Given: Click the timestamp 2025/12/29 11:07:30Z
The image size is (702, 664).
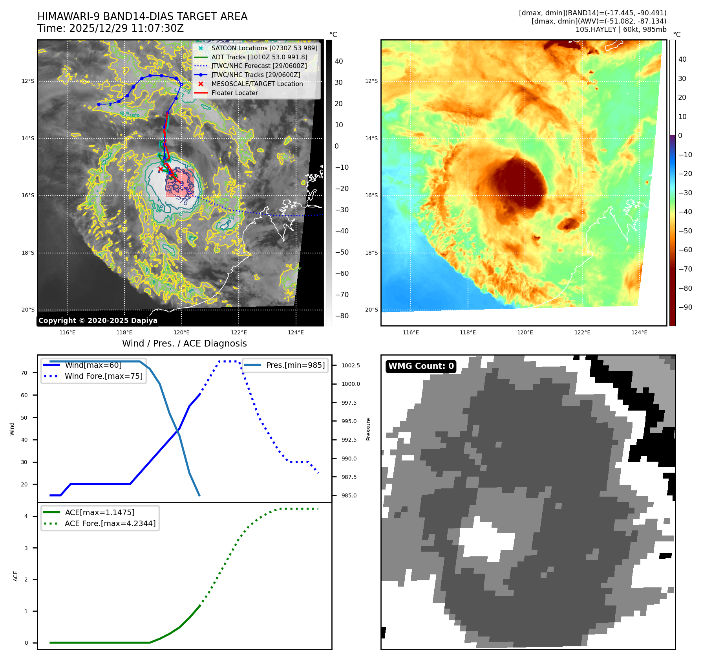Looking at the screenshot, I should (126, 29).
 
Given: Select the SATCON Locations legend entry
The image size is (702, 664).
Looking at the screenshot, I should (264, 48).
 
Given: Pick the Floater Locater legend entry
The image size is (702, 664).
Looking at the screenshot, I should (234, 93).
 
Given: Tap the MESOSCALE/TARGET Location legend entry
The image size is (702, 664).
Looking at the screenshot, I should (257, 84).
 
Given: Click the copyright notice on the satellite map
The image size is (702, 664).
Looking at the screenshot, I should (98, 321).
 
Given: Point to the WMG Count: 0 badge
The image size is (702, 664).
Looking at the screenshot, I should (421, 366).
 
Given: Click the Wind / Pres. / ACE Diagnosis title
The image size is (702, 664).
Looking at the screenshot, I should (184, 344).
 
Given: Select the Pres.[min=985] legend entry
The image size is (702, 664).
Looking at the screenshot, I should (295, 365).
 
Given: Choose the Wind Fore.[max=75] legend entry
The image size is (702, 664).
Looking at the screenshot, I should (103, 376).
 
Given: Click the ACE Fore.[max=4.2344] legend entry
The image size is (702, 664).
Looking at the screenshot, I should (110, 523).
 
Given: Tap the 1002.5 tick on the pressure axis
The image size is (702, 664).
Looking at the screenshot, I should (350, 365).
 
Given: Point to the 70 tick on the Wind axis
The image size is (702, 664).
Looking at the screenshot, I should (24, 373).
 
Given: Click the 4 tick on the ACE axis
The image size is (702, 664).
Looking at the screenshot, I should (26, 516).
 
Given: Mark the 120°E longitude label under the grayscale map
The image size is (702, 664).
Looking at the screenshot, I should (182, 333).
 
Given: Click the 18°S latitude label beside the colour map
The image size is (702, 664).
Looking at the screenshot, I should (371, 253).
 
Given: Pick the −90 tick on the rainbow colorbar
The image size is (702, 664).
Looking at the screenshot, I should (686, 307).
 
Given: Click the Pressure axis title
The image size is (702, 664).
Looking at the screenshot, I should (368, 429).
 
